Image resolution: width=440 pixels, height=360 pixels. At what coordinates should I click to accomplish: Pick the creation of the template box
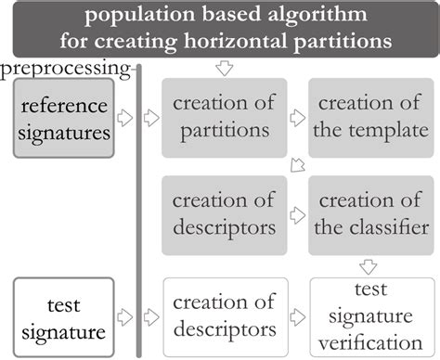coord(369,119)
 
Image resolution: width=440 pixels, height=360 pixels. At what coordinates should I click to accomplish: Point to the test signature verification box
coord(369,316)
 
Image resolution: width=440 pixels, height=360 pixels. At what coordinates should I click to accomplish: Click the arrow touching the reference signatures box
coord(126,119)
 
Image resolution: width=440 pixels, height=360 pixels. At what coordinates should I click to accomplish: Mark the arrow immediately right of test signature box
coord(126,316)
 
